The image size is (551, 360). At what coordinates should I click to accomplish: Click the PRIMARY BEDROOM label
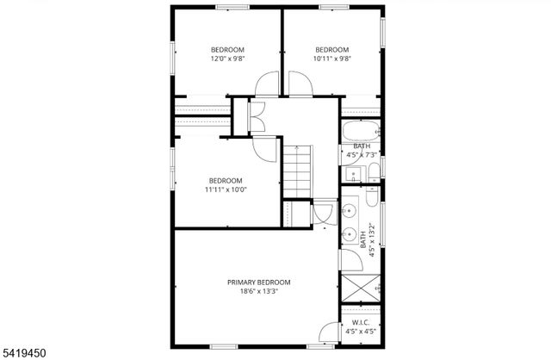pyautogui.click(x=258, y=282)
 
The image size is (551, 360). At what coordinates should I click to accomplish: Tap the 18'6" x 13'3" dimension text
pyautogui.click(x=258, y=291)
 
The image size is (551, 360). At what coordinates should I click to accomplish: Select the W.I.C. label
pyautogui.click(x=362, y=324)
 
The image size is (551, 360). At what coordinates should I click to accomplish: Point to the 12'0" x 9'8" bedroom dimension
pyautogui.click(x=228, y=59)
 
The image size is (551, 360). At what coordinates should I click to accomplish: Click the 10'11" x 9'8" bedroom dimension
pyautogui.click(x=331, y=59)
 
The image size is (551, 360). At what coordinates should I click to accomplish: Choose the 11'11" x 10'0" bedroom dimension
pyautogui.click(x=226, y=189)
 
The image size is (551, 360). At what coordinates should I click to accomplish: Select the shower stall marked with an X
pyautogui.click(x=362, y=286)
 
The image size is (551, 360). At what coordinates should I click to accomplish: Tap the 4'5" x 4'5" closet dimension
pyautogui.click(x=362, y=332)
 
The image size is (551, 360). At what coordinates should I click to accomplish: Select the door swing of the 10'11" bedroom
pyautogui.click(x=300, y=84)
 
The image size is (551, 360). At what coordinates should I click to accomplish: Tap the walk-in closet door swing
pyautogui.click(x=330, y=332)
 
